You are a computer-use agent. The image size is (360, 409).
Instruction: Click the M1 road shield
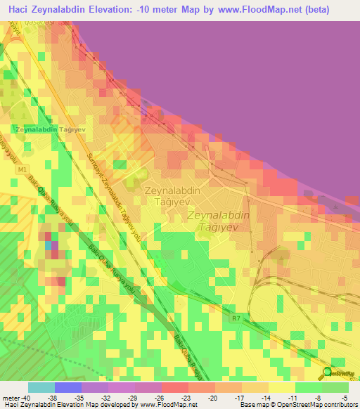click(22, 171)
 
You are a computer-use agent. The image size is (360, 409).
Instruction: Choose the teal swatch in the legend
click(41, 387)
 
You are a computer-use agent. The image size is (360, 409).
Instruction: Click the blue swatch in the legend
click(67, 387)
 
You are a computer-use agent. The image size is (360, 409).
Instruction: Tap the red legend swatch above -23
click(174, 387)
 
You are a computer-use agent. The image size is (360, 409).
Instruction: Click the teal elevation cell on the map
click(49, 245)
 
